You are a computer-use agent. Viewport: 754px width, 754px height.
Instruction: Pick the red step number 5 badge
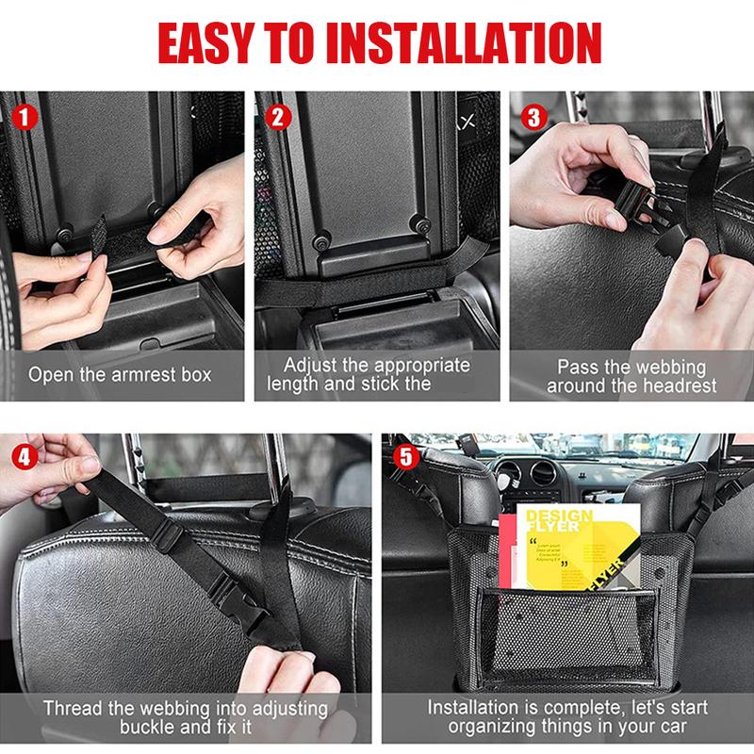pos(405,458)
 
